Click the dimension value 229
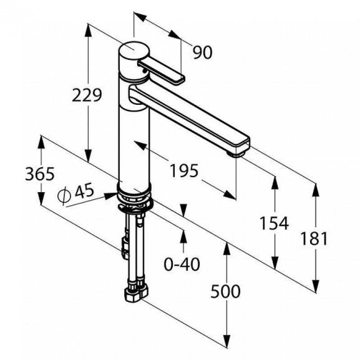[x=87, y=95]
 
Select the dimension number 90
[x=202, y=52]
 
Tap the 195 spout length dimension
[x=184, y=171]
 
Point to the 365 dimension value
[x=40, y=174]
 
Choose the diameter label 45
[x=85, y=190]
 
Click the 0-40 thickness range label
[x=182, y=264]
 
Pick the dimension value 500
[x=225, y=291]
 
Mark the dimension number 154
[x=274, y=223]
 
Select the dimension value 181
[x=314, y=238]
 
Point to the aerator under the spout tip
[x=237, y=153]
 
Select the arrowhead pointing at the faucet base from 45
[x=111, y=196]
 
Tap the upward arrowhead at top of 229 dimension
[x=88, y=30]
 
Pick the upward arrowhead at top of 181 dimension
[x=316, y=190]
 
